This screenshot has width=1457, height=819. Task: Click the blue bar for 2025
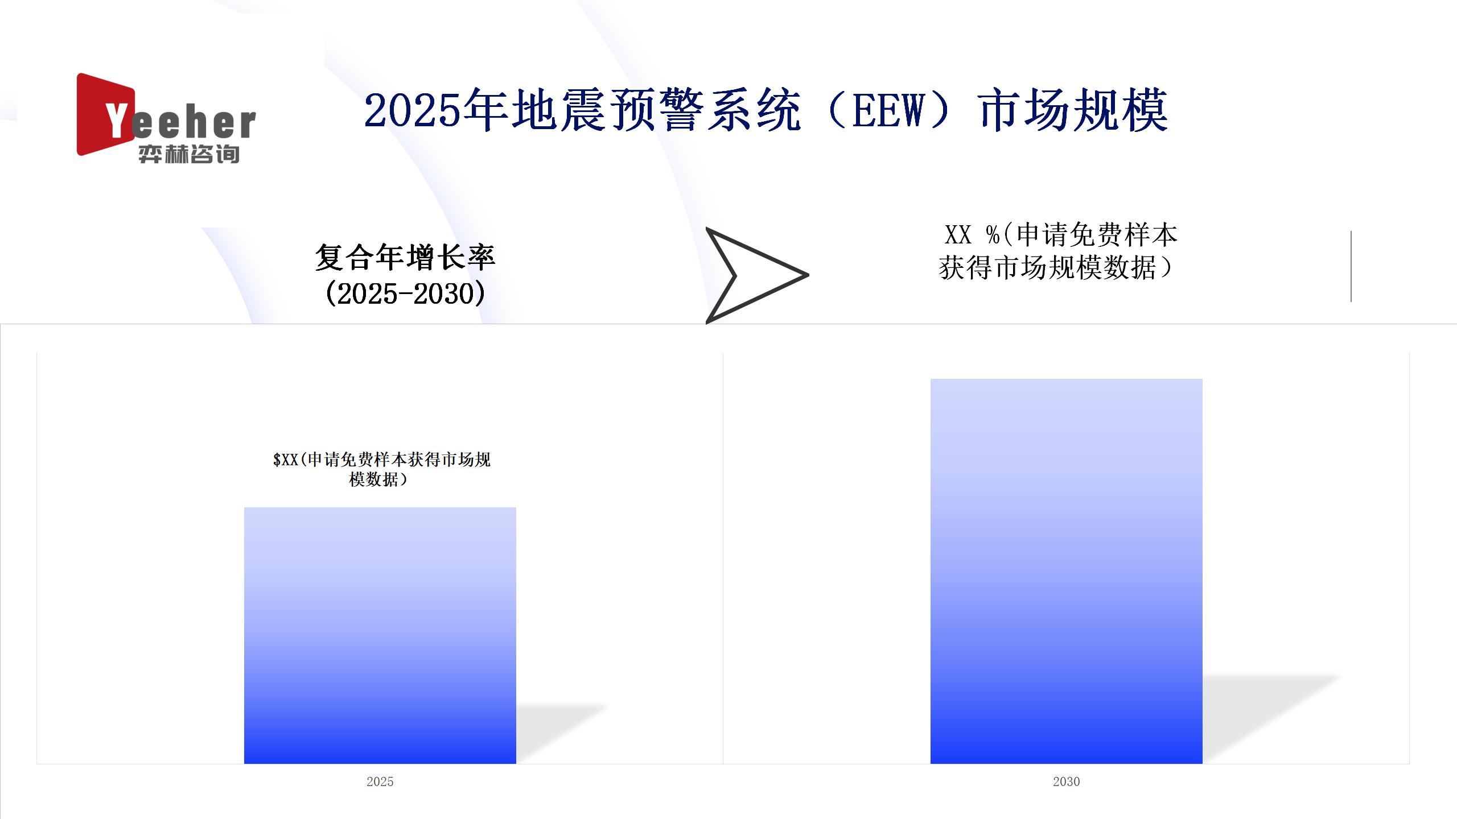(380, 635)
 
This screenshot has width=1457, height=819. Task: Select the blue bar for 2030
(1067, 571)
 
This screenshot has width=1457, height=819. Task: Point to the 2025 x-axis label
(380, 781)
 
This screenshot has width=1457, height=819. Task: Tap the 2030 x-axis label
(1067, 781)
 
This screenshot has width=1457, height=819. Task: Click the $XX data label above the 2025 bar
(381, 469)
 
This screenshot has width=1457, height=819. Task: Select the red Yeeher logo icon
(106, 114)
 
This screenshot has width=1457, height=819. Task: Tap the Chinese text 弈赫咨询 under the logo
(189, 154)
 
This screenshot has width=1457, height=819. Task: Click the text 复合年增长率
(405, 258)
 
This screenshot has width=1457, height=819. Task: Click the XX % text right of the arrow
(972, 234)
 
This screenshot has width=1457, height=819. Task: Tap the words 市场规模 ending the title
(1073, 110)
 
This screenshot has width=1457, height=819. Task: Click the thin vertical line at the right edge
(1351, 266)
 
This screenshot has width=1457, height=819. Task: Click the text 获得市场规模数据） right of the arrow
(1056, 267)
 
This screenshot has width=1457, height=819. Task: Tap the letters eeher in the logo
(194, 123)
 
